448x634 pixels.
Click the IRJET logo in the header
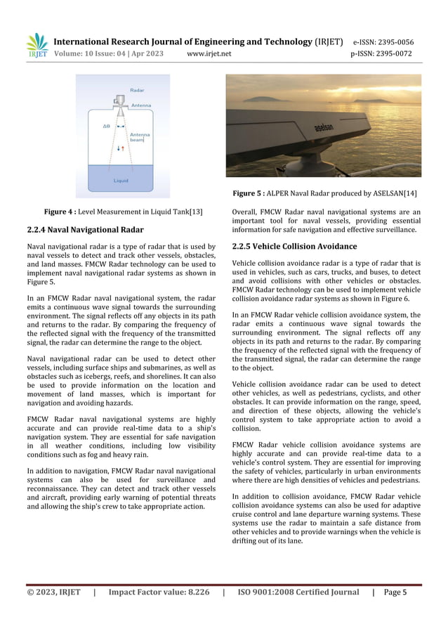click(x=37, y=45)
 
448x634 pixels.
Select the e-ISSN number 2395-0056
click(x=393, y=42)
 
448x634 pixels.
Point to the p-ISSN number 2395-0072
click(x=393, y=53)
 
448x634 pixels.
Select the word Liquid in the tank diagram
click(x=121, y=181)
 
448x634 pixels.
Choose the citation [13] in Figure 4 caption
click(x=195, y=212)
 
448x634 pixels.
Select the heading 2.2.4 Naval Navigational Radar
click(x=85, y=230)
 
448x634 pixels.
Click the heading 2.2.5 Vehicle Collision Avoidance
click(x=294, y=247)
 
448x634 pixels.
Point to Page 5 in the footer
click(x=395, y=593)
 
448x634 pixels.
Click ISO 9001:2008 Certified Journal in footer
click(x=298, y=593)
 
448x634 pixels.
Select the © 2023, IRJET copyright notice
click(x=53, y=593)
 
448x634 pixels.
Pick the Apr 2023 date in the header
click(x=147, y=53)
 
